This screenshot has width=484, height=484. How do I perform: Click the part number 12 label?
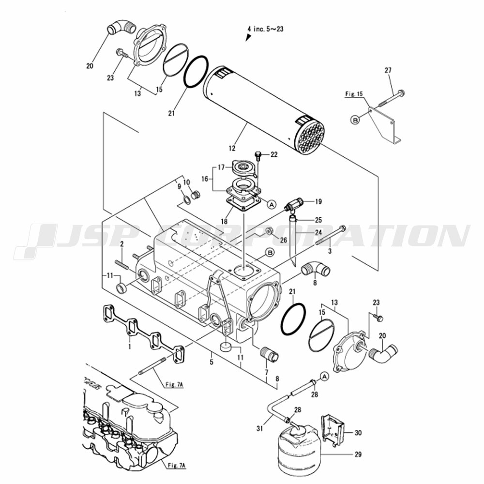click(232, 148)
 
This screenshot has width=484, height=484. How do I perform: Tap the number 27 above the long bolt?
click(388, 70)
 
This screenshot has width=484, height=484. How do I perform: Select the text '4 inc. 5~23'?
click(265, 29)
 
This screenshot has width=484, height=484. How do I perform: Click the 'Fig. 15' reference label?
click(354, 94)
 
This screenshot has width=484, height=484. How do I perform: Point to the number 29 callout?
click(358, 454)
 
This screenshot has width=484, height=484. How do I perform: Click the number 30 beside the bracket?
click(358, 433)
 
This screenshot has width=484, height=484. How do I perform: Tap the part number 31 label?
click(260, 428)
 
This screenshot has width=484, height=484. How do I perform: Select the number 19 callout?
click(318, 201)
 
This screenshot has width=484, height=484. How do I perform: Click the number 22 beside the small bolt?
click(274, 154)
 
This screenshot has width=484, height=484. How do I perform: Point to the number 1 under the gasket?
click(130, 347)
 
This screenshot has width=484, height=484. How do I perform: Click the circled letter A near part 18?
click(271, 204)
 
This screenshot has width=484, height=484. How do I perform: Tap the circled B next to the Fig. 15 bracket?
click(356, 120)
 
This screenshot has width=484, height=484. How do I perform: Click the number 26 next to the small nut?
click(283, 240)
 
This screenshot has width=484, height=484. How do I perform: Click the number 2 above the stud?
click(121, 244)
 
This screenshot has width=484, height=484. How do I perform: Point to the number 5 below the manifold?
click(212, 362)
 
